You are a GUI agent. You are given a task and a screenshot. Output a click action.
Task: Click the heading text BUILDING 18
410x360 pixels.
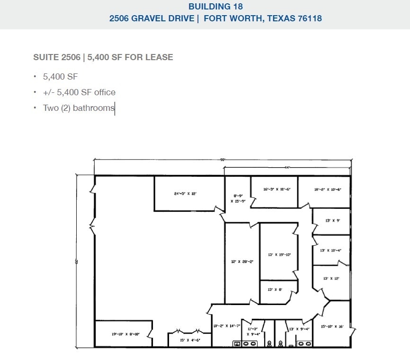pos(215,7)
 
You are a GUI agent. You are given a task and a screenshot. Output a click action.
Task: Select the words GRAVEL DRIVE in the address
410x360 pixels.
pos(161,18)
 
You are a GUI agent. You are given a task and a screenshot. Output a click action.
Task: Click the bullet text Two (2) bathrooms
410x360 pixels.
pos(79,108)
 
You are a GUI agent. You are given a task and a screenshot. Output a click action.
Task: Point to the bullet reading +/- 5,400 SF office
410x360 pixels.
pos(79,92)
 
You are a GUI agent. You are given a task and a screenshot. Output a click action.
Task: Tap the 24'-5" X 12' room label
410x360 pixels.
pos(185,194)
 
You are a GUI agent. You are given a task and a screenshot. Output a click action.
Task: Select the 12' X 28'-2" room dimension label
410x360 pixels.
pos(242,261)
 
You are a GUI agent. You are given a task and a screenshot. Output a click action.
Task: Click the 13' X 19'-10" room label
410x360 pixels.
pos(279,255)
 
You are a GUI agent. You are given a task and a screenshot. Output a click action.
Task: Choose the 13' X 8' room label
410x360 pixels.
pos(275,289)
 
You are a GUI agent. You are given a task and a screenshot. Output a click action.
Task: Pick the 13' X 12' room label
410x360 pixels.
pos(331,279)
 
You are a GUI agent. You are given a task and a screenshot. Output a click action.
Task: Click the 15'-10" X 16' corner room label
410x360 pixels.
pos(332,326)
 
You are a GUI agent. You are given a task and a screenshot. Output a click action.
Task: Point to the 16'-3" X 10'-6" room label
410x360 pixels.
pos(276,189)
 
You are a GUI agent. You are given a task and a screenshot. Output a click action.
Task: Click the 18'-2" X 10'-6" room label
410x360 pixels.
pos(328,189)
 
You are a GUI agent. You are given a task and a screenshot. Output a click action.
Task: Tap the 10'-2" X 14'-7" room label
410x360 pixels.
pos(227,326)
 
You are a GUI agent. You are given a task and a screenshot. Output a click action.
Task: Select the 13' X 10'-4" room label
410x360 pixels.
pos(331,250)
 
